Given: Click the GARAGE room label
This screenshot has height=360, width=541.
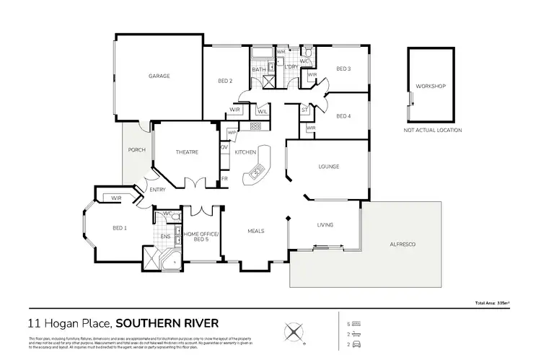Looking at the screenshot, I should point(159,76).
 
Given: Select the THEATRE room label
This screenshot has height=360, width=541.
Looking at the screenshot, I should point(187,152).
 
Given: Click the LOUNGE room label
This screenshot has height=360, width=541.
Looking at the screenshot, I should point(329,167).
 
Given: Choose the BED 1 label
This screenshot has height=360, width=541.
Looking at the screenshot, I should point(120,228).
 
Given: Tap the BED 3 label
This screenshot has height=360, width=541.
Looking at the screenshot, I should point(343,69).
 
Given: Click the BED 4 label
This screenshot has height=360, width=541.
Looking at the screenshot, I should point(343,116).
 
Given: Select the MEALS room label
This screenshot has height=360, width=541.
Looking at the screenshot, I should point(255,232).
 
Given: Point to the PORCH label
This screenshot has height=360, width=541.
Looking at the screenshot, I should point(136,150).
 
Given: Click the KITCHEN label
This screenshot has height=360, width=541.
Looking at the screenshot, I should point(245,152).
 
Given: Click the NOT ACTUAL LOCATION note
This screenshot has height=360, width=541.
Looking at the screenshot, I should point(432,131).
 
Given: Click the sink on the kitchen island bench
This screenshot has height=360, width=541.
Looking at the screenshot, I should point(257,172).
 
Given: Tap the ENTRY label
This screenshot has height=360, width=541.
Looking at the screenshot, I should point(157,190).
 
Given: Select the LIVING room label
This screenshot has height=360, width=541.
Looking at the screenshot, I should point(325,225).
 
